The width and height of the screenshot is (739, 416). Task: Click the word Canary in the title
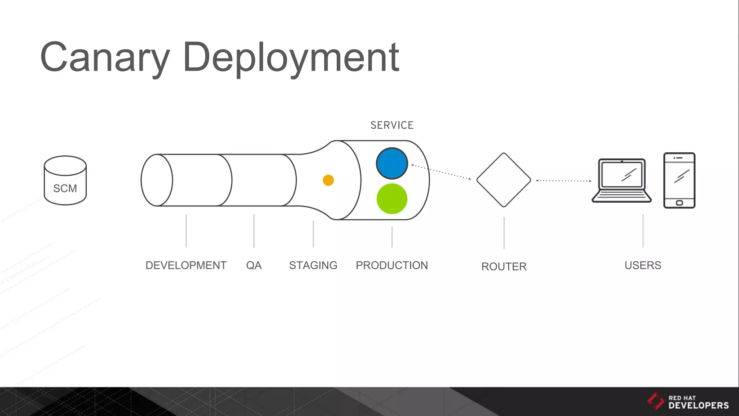click(x=105, y=58)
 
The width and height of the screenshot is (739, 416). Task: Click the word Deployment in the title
click(x=291, y=58)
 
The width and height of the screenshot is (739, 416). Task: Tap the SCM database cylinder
click(x=65, y=181)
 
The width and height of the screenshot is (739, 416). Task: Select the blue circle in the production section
click(x=392, y=163)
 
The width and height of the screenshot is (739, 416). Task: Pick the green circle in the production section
click(x=392, y=199)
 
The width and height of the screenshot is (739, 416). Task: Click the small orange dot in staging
click(x=328, y=180)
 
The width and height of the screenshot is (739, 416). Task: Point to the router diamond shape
click(x=504, y=180)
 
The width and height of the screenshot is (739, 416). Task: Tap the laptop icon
click(x=621, y=181)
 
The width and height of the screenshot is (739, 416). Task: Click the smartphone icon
click(x=679, y=180)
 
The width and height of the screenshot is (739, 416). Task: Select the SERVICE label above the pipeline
click(x=392, y=125)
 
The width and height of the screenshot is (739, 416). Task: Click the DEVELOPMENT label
click(x=186, y=265)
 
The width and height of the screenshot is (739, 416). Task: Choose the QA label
click(x=254, y=265)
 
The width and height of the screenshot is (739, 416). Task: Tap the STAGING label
click(x=313, y=265)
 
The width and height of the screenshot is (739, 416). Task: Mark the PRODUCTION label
click(x=392, y=265)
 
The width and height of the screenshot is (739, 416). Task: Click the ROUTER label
click(x=504, y=266)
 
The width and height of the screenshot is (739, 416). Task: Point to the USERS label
click(x=643, y=265)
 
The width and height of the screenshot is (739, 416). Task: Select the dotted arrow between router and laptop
click(x=564, y=181)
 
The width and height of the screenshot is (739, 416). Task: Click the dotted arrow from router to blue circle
click(x=441, y=172)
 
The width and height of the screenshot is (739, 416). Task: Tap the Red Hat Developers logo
click(x=688, y=402)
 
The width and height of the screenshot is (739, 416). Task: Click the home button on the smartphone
click(x=679, y=203)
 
